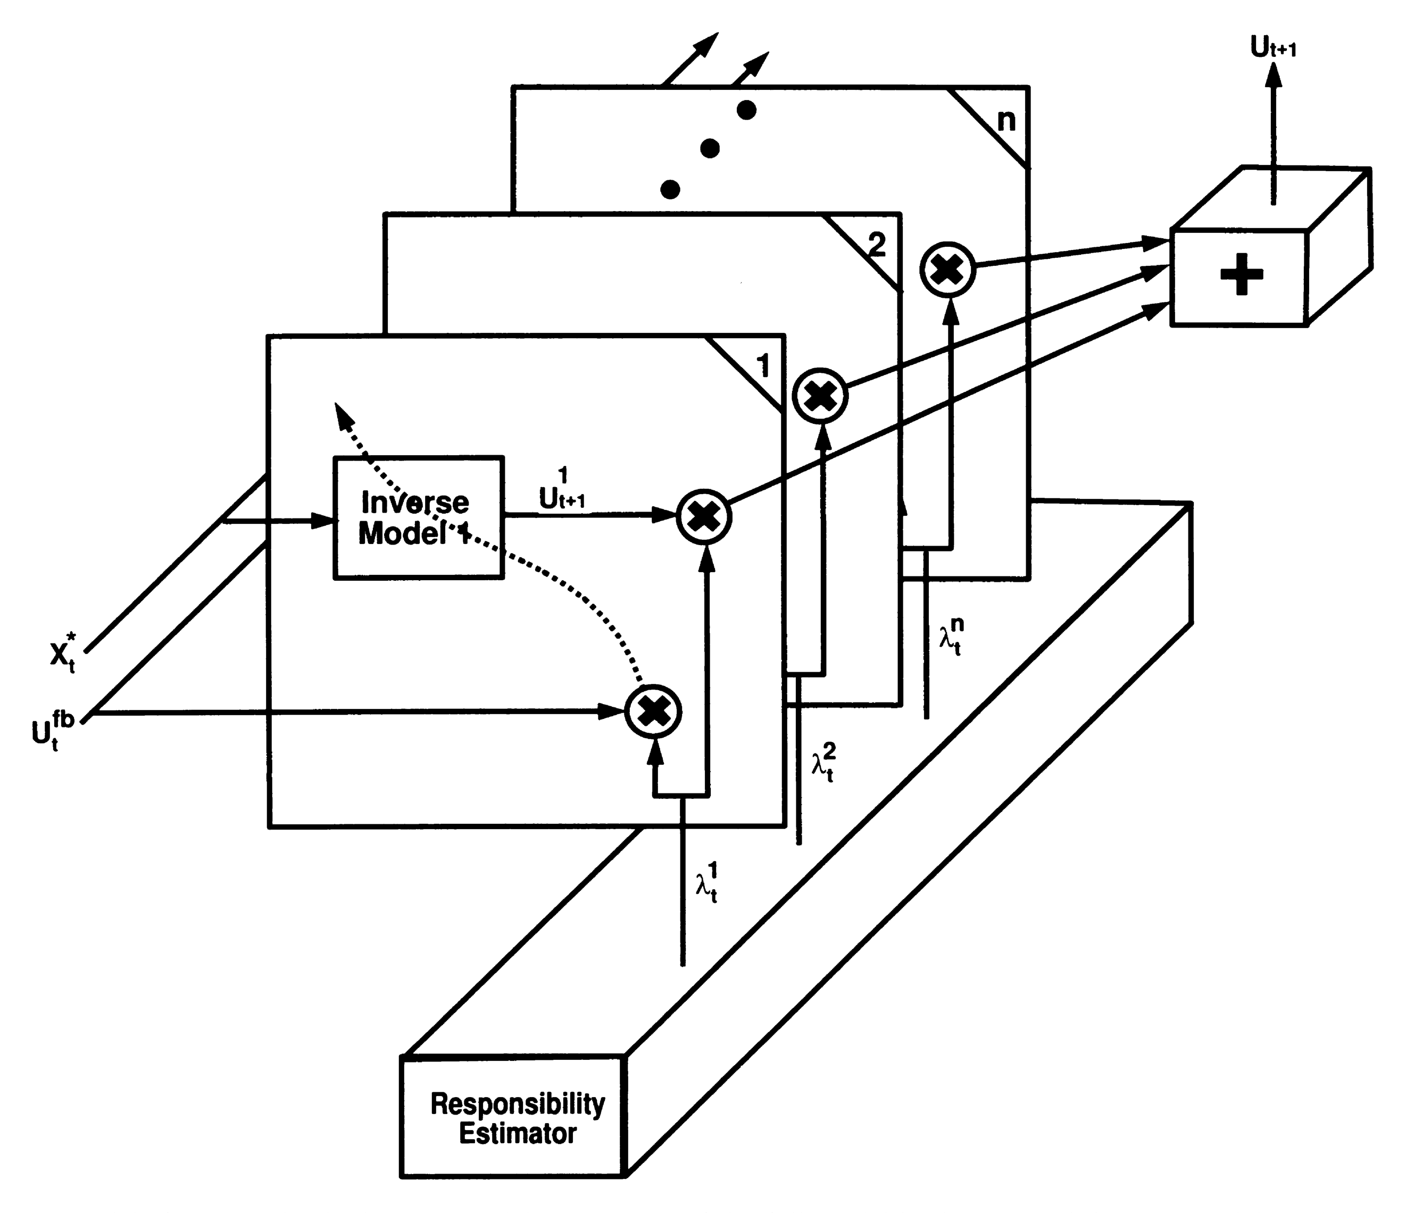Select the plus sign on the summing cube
(1241, 274)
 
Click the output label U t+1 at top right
(1273, 47)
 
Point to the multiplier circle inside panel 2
(820, 396)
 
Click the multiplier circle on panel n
(947, 269)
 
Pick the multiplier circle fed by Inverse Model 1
(704, 517)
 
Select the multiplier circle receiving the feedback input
(653, 711)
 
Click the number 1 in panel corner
(763, 366)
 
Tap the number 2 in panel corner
(877, 244)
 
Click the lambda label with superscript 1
(706, 882)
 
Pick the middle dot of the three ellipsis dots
(710, 148)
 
